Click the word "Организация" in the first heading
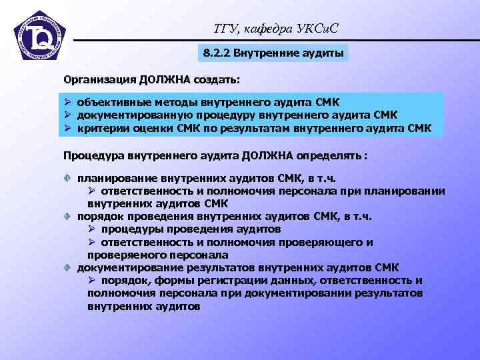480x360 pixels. pos(99,80)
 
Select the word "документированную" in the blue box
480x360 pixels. pos(125,115)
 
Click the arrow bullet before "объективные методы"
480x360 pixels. pos(68,103)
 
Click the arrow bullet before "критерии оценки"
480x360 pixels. pos(68,127)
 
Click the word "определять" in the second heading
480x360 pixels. pos(328,155)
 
